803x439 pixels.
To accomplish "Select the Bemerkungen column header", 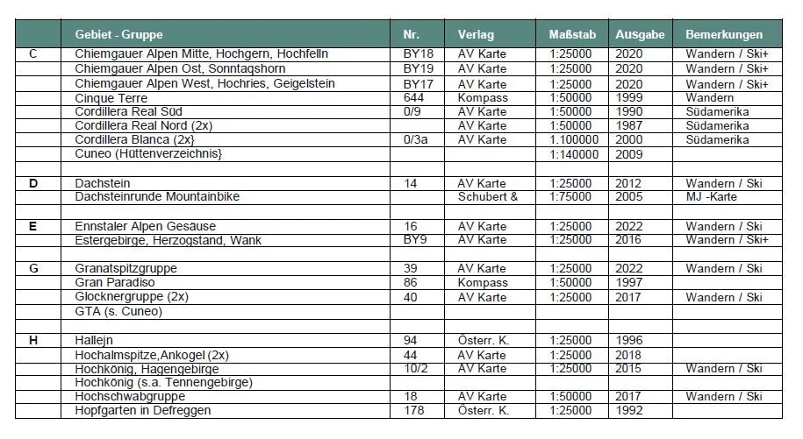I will [724, 35].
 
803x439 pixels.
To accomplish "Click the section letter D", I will [33, 183].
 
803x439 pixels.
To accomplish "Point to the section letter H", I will [33, 340].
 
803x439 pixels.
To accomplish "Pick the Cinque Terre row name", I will [111, 97].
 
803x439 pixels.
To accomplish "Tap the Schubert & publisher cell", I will [488, 196].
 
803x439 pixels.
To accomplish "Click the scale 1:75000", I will [574, 196].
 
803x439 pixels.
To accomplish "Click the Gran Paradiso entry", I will [116, 283].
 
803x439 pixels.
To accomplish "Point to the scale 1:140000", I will [574, 154].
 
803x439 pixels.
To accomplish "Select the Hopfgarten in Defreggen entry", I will [143, 410].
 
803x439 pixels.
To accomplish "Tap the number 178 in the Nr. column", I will [413, 410].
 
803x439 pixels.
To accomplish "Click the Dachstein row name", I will [104, 183].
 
